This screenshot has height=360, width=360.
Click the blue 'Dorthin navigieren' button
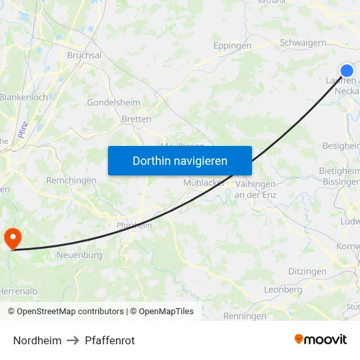coord(179,160)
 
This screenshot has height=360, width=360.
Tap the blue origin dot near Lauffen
coord(347,71)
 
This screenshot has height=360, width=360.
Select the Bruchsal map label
coord(84,56)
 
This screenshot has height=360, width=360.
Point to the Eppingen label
coord(232,46)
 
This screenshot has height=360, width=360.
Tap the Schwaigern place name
coord(302,43)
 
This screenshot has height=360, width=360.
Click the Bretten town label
coord(136,119)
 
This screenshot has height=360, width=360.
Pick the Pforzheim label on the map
coord(134,225)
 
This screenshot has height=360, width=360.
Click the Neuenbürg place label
coord(79,255)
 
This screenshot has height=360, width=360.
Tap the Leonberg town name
coord(283,289)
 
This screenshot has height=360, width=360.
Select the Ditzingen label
coord(308,271)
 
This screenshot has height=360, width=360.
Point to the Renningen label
coord(245,315)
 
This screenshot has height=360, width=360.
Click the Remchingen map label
coord(67,179)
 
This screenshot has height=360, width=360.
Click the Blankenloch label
coord(24,97)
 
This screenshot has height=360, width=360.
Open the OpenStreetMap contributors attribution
coord(68,312)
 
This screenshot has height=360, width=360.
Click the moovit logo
coord(320,340)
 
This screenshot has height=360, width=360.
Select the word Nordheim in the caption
coord(37,340)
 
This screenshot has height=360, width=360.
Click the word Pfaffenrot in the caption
coord(110,340)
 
